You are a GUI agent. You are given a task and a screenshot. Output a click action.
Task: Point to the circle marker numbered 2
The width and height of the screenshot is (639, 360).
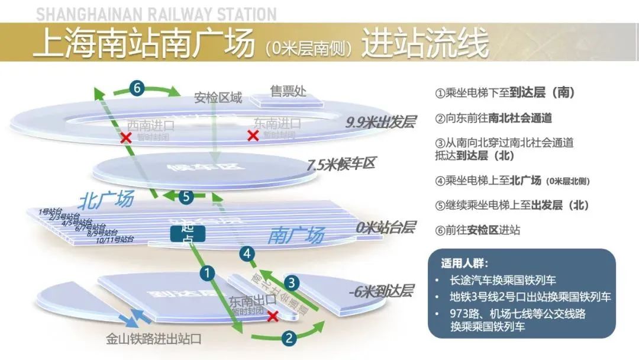288,338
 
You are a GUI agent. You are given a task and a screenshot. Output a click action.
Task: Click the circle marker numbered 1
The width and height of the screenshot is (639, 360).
207,273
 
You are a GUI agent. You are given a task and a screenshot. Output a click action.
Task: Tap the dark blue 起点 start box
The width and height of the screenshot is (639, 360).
188,234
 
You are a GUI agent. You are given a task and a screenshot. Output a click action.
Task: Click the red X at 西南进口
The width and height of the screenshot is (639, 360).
125,138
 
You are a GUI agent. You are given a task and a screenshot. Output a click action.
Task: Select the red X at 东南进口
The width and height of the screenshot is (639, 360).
253,136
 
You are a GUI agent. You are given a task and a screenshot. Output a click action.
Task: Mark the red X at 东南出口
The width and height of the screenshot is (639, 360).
273,316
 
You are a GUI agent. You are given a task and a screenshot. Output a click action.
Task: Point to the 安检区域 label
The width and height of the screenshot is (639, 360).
218,98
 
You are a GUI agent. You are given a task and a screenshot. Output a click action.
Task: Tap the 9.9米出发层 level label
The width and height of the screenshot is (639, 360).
381,123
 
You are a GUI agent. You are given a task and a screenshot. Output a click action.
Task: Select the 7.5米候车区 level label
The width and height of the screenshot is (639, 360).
341,164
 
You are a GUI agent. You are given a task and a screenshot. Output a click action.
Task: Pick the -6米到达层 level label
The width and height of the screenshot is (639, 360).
380,291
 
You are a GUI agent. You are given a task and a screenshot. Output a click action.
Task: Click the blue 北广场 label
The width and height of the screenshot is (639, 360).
106,199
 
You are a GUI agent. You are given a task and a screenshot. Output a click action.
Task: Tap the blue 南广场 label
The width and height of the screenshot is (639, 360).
296,236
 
